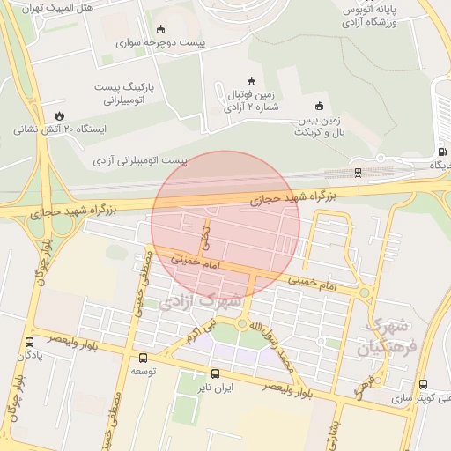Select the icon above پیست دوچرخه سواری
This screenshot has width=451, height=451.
click(159, 28)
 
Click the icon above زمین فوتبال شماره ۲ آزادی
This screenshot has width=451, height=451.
click(251, 80)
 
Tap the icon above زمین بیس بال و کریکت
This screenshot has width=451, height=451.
click(319, 106)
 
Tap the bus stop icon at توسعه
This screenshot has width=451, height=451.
click(143, 358)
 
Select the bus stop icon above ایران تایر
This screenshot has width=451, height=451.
click(216, 373)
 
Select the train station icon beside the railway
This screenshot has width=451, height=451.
click(357, 174)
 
